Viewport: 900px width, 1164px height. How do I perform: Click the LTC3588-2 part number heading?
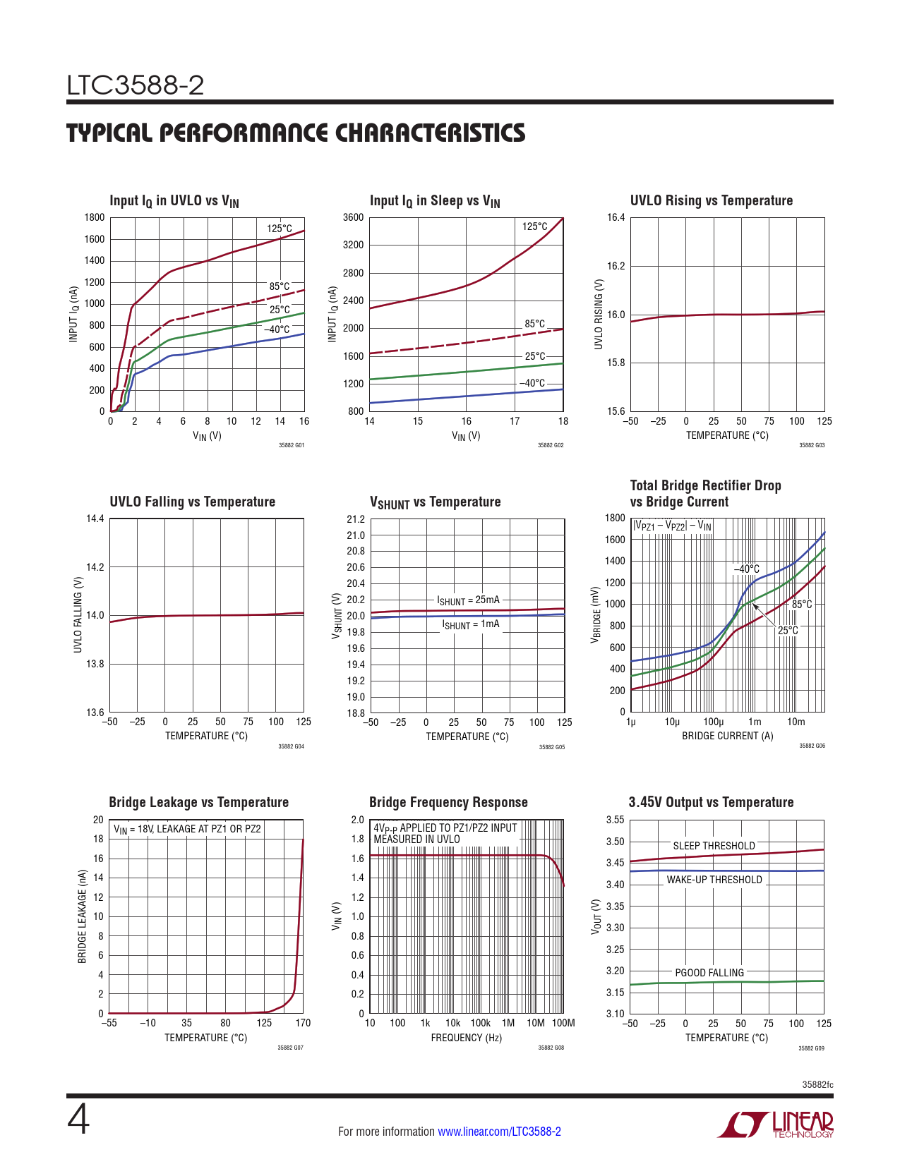(136, 85)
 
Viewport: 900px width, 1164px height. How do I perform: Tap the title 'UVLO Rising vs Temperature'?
(711, 200)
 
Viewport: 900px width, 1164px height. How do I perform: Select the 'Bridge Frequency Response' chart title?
(448, 802)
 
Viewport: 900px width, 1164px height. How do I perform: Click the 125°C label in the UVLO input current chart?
(280, 229)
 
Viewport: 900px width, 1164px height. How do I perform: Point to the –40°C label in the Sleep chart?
(532, 383)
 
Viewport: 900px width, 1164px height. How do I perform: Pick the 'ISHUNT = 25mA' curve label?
(468, 600)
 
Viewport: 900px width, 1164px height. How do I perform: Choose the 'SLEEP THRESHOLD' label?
(714, 846)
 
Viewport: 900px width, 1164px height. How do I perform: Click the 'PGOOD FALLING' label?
(709, 973)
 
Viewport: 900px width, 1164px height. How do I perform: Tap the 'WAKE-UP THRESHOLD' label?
(714, 880)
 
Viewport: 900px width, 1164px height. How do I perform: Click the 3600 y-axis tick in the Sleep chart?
(354, 217)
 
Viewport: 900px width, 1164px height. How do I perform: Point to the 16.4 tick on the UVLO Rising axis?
(616, 217)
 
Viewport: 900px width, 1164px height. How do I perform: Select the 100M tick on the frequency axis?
(563, 1023)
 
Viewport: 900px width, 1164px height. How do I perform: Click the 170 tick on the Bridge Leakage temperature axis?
(303, 1023)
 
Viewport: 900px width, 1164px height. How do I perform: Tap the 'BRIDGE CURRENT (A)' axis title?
(727, 736)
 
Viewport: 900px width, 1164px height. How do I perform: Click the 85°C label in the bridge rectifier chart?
(802, 605)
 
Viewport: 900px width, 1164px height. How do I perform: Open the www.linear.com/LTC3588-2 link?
(499, 1132)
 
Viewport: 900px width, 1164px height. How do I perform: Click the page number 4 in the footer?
(78, 1120)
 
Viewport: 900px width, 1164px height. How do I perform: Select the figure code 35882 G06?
(812, 746)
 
